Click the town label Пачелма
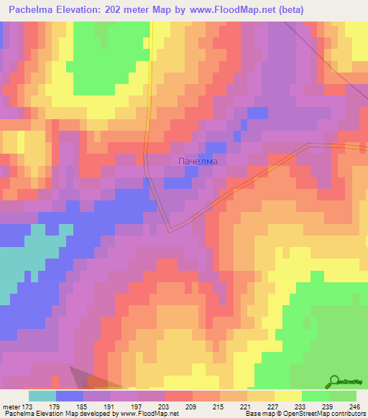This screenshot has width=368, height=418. coord(197,162)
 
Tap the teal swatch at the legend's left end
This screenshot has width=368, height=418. coord(42,396)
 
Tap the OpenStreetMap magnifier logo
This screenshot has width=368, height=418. coord(335,383)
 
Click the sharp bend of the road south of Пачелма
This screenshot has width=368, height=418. coord(170,231)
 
